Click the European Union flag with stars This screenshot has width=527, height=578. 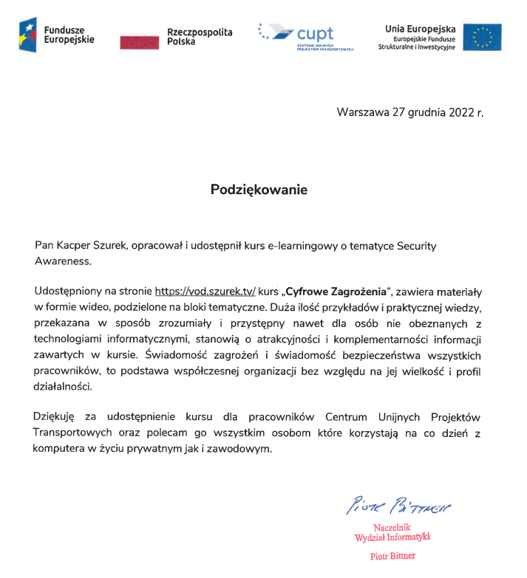click(x=482, y=37)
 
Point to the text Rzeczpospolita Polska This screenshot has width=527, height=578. click(x=200, y=37)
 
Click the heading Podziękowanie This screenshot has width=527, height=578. click(x=259, y=190)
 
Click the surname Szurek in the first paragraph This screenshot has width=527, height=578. click(x=106, y=244)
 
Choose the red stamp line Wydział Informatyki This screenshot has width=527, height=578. click(x=392, y=537)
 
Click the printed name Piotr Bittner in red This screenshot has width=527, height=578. click(x=394, y=557)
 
